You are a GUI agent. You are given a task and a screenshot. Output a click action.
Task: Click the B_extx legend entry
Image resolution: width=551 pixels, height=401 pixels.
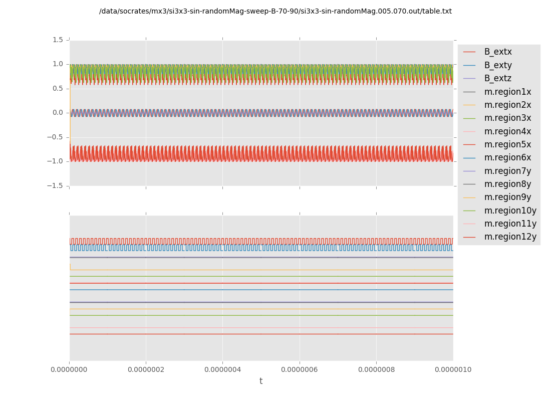click(497, 52)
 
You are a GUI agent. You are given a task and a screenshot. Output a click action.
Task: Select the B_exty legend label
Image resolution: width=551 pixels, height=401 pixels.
click(497, 65)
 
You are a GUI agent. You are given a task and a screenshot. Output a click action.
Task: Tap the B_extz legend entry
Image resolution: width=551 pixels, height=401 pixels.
click(497, 79)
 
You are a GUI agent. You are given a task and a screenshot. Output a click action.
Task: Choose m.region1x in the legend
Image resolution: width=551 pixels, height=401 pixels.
click(507, 92)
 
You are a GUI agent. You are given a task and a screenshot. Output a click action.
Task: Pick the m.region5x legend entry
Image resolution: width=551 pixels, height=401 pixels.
click(507, 145)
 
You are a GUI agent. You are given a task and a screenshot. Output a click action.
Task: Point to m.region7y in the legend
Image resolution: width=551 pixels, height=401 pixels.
click(507, 171)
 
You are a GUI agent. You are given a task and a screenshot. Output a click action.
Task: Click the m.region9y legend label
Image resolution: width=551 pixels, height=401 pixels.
click(507, 197)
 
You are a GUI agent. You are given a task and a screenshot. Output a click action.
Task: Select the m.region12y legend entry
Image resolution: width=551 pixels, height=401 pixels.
click(510, 237)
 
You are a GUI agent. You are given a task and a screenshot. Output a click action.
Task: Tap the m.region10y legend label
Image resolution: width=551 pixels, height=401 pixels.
click(510, 211)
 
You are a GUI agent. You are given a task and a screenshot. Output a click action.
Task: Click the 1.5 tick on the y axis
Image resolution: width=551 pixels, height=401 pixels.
click(58, 40)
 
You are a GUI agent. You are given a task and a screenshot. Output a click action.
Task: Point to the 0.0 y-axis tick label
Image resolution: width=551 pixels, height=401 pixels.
click(58, 113)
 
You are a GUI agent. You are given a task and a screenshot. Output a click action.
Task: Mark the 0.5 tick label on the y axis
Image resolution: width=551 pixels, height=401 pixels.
click(58, 88)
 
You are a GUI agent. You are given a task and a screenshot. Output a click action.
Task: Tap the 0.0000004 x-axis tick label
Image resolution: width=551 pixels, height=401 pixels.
click(222, 370)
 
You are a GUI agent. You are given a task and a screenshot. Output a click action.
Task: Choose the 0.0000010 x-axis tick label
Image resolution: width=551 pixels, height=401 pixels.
click(453, 370)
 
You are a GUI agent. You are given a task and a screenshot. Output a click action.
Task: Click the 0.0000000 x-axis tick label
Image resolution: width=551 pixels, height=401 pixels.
click(69, 370)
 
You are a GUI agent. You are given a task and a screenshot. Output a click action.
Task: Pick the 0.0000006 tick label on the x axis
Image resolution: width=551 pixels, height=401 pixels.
click(300, 370)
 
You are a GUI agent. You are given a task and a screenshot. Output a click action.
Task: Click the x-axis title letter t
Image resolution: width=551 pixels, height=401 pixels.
click(261, 381)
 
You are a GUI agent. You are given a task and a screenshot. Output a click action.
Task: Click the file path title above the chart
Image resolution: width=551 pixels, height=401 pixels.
click(275, 12)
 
